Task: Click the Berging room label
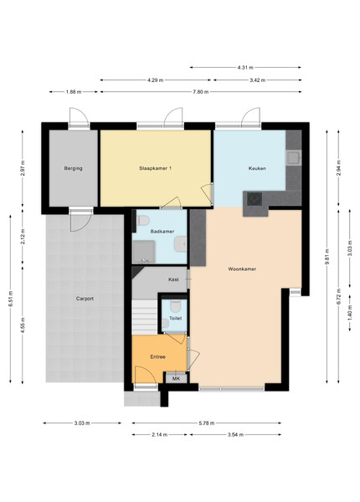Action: pyautogui.click(x=73, y=168)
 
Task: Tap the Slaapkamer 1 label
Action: pyautogui.click(x=156, y=168)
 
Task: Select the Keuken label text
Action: pyautogui.click(x=257, y=168)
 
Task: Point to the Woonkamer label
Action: pyautogui.click(x=242, y=269)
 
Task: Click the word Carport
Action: pyautogui.click(x=84, y=297)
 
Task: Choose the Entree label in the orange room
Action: pyautogui.click(x=157, y=357)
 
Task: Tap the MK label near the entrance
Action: pyautogui.click(x=176, y=379)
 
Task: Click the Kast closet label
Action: pyautogui.click(x=173, y=279)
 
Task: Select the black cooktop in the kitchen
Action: pyautogui.click(x=253, y=198)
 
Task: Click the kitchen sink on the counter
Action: pyautogui.click(x=294, y=156)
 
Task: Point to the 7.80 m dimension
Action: pyautogui.click(x=213, y=92)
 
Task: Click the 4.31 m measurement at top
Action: pyautogui.click(x=244, y=67)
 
